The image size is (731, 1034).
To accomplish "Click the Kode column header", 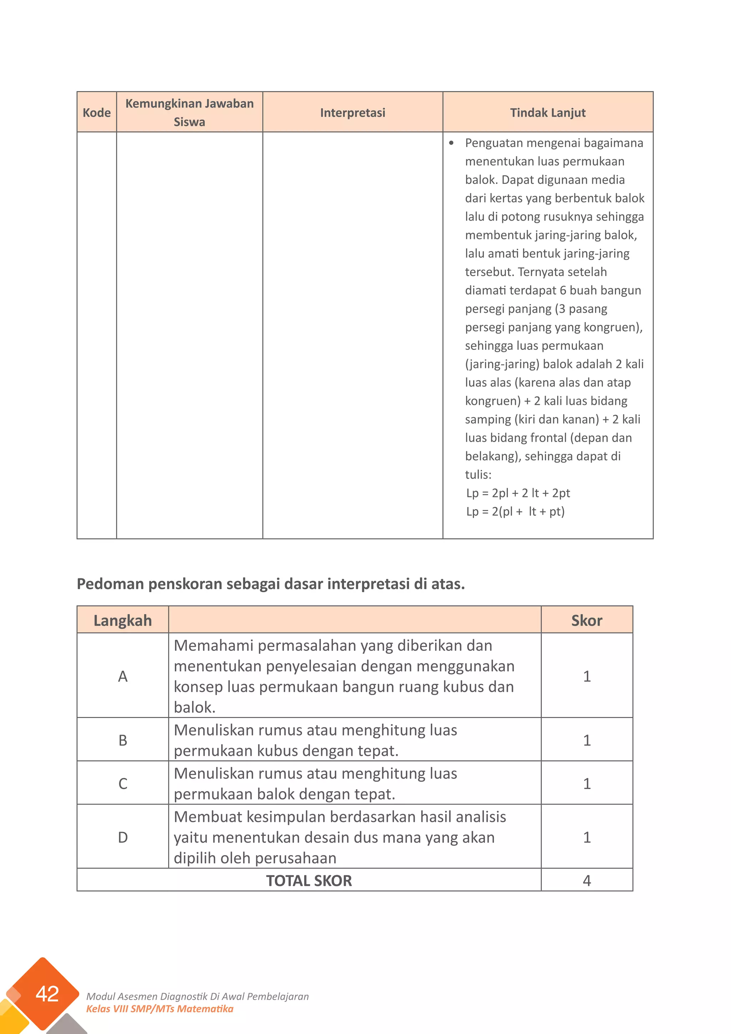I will [x=96, y=112].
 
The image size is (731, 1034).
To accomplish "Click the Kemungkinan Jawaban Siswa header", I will [x=189, y=112].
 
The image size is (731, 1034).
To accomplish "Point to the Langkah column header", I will [x=122, y=620].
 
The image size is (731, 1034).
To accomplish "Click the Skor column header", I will [x=586, y=620].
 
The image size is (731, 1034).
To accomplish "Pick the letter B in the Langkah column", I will [x=122, y=740].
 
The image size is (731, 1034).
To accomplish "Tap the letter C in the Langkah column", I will [x=122, y=784].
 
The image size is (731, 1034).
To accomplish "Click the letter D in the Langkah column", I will [x=122, y=837].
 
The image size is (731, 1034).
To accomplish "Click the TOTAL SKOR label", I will [x=309, y=880].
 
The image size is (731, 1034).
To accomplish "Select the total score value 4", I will [x=586, y=880].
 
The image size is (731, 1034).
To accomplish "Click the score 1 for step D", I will [x=586, y=837].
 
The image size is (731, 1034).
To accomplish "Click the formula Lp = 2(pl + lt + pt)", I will [x=515, y=512].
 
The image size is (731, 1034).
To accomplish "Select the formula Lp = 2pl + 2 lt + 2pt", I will [x=518, y=493].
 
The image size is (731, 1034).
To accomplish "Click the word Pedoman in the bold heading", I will [x=111, y=584].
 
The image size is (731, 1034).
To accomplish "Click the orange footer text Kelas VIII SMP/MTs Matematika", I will [x=160, y=1008].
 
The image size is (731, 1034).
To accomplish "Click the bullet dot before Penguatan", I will [x=452, y=143].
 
